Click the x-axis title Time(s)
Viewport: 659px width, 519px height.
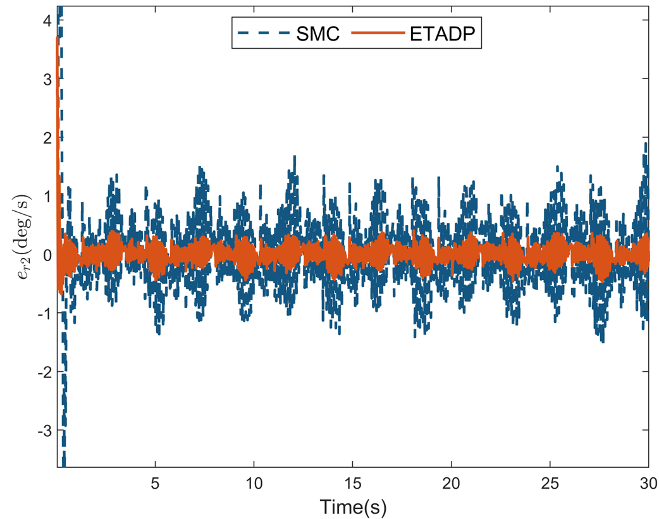352,505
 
